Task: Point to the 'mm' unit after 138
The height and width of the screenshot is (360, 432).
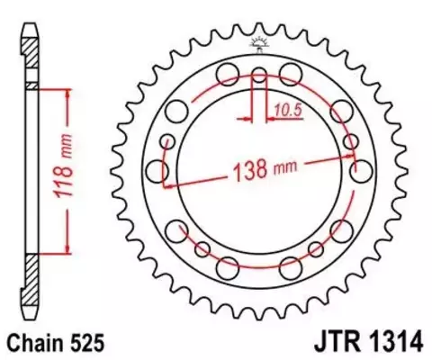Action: tap(284, 166)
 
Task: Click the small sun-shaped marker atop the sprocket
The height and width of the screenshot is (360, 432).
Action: tap(259, 43)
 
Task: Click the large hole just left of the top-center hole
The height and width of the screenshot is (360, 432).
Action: tap(229, 72)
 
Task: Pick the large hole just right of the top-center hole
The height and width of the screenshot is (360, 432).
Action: tap(290, 72)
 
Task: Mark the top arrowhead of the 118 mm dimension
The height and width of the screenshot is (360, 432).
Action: tap(66, 90)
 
